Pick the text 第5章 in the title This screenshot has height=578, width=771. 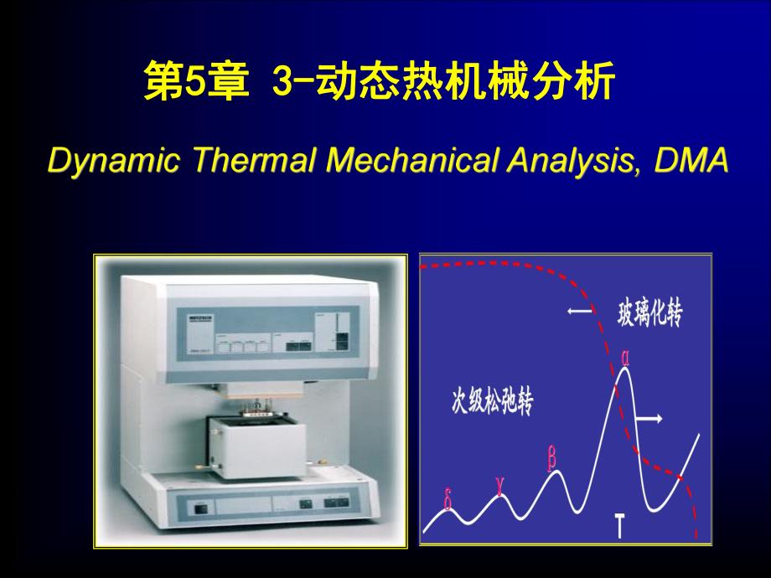tap(195, 86)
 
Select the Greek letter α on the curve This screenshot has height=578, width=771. tap(624, 357)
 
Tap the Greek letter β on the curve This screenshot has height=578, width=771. tap(552, 458)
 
